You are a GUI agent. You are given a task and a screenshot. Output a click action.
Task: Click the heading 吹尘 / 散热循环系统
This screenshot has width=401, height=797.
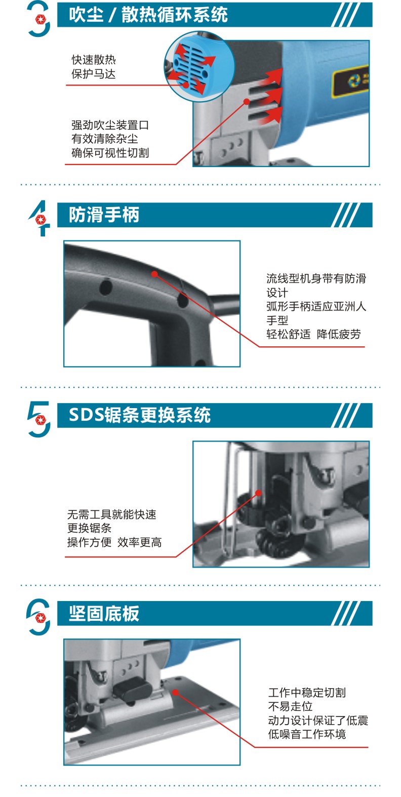coord(148,15)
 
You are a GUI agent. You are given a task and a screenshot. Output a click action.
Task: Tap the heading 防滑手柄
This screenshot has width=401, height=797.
coord(104,215)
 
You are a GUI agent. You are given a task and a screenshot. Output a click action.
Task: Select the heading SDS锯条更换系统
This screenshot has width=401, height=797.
coord(140,415)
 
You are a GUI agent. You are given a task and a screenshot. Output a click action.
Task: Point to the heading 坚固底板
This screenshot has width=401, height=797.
coord(104,613)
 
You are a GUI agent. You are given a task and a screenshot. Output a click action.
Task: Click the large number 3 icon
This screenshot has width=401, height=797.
coord(38,19)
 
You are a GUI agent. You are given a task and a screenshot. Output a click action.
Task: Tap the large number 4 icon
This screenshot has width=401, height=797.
coord(39,218)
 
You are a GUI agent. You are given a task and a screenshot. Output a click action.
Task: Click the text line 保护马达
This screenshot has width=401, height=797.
coord(94,73)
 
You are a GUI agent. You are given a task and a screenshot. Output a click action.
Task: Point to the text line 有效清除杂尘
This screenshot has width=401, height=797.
coord(105,138)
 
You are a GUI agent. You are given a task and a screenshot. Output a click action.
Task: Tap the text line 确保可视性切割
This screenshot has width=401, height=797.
coord(110,152)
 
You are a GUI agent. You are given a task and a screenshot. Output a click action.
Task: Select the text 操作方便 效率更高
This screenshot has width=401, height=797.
coord(114,542)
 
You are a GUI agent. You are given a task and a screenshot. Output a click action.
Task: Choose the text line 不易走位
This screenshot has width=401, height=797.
coord(290,706)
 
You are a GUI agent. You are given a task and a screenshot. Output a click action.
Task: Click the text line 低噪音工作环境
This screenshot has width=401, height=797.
coord(307,734)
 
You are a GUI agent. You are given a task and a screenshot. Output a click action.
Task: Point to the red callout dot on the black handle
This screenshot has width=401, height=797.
coord(154,274)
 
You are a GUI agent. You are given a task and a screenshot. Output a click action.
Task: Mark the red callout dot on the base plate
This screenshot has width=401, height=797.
coord(175,692)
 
